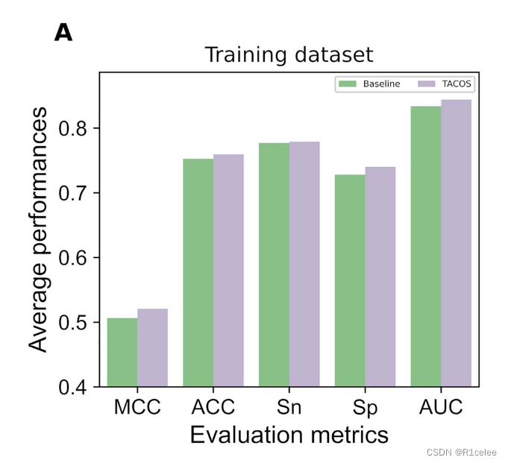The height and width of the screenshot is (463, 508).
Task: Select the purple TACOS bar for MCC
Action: (152, 347)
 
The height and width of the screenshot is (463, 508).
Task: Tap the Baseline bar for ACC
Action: (198, 272)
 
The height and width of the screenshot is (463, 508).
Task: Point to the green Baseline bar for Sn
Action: (274, 264)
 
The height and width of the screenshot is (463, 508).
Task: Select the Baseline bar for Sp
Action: (350, 280)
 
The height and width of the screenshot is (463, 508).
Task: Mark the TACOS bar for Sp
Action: (380, 276)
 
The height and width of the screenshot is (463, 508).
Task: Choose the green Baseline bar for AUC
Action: (426, 246)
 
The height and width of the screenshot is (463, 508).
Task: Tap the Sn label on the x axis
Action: (289, 407)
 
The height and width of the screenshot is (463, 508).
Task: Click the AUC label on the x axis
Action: (441, 407)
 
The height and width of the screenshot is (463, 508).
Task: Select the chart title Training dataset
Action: (288, 54)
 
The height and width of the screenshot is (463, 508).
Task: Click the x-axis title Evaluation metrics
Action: (289, 435)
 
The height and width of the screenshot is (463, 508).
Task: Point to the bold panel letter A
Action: (63, 33)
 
